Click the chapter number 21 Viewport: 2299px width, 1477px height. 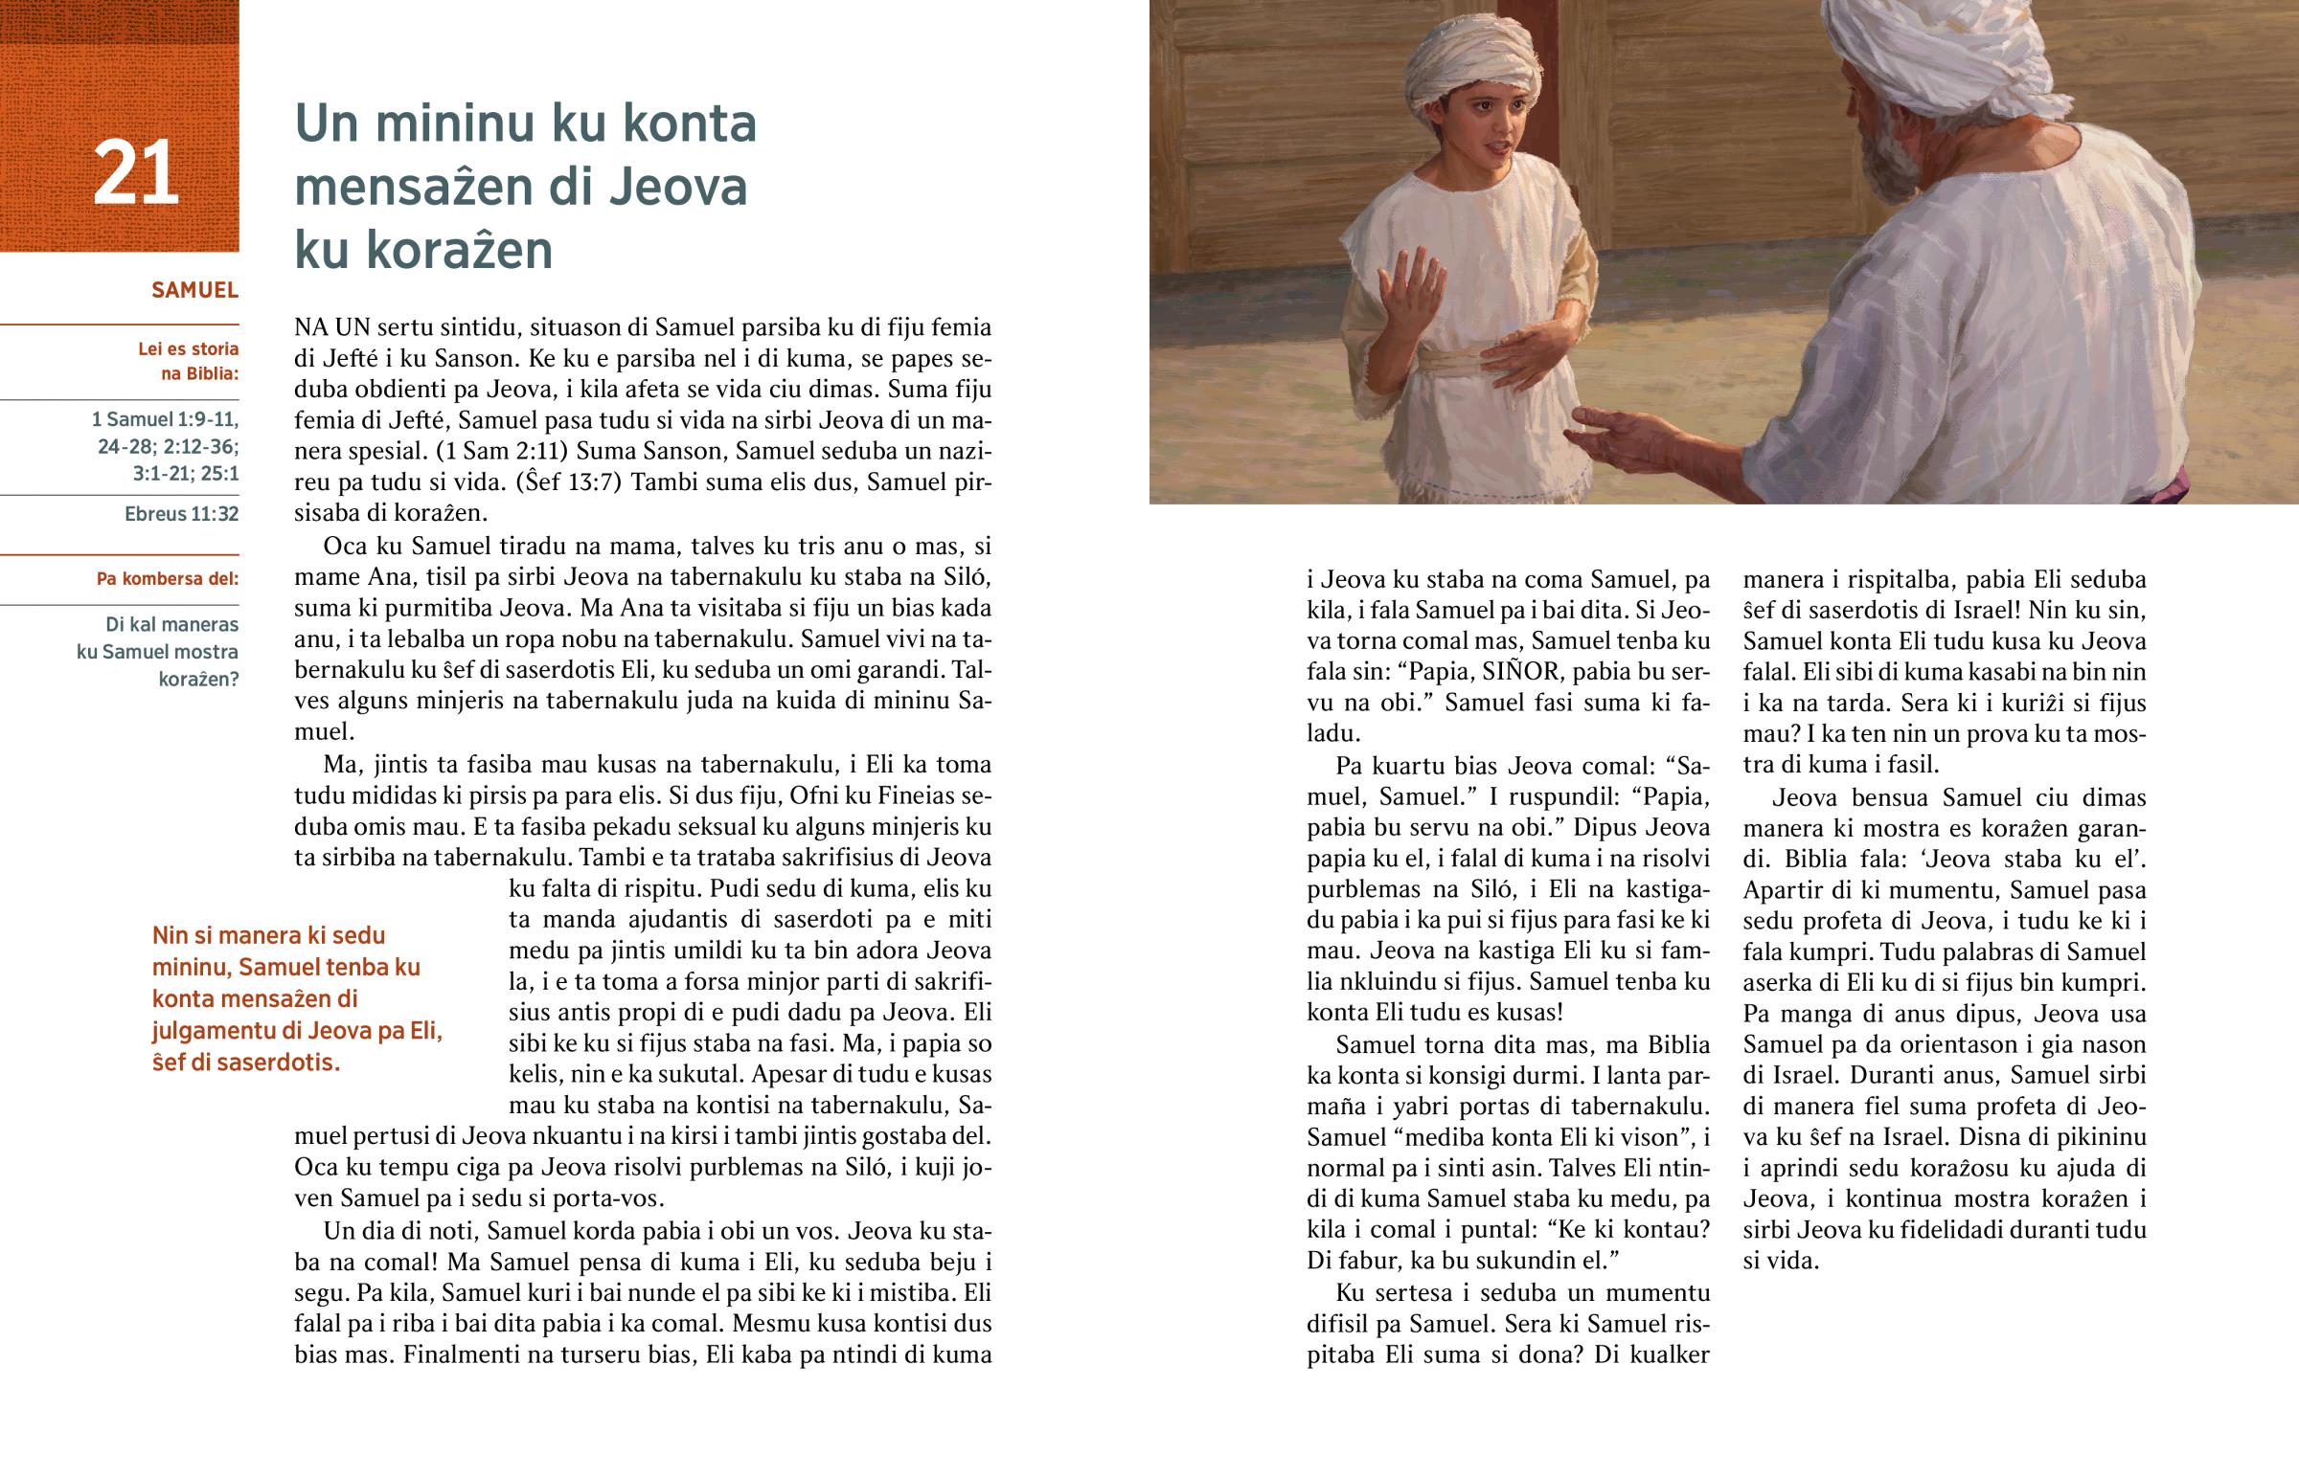(x=135, y=173)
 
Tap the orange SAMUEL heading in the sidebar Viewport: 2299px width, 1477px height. (x=194, y=291)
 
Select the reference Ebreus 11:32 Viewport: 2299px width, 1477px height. (x=181, y=514)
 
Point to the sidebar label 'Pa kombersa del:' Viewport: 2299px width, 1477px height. (x=167, y=579)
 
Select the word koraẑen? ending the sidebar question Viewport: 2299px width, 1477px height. (x=197, y=680)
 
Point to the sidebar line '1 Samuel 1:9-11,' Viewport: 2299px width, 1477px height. (x=164, y=420)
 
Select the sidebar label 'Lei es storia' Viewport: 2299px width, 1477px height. (x=188, y=349)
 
